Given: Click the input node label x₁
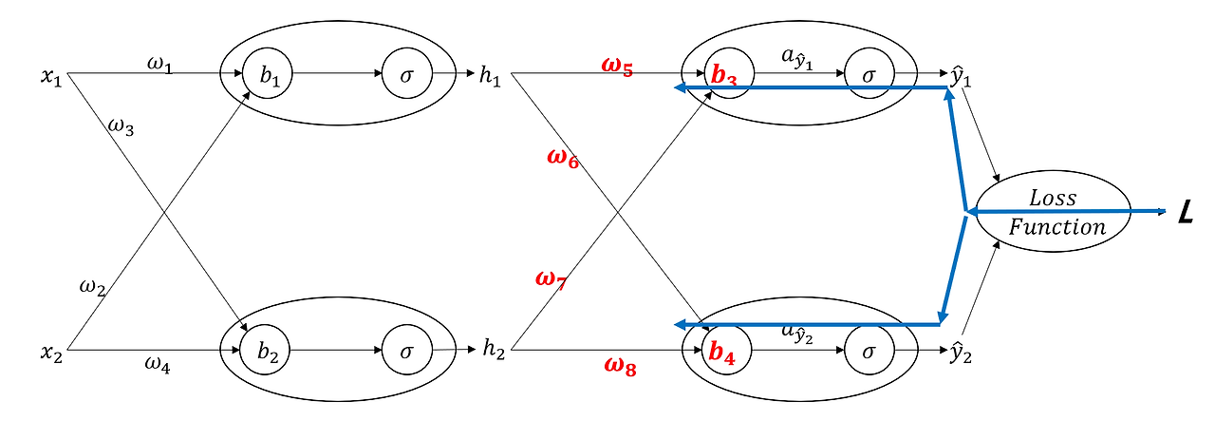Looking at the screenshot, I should [51, 76].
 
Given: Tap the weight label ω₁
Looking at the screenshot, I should [159, 63].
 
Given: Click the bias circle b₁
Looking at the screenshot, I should [268, 74].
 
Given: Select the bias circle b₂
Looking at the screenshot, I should [268, 351].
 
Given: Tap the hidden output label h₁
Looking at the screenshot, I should [491, 76].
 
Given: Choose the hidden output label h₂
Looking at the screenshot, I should [494, 351].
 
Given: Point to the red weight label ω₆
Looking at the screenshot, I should [563, 158].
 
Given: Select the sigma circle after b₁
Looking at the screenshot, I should [407, 74].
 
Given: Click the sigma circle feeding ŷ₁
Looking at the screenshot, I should [869, 74].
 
